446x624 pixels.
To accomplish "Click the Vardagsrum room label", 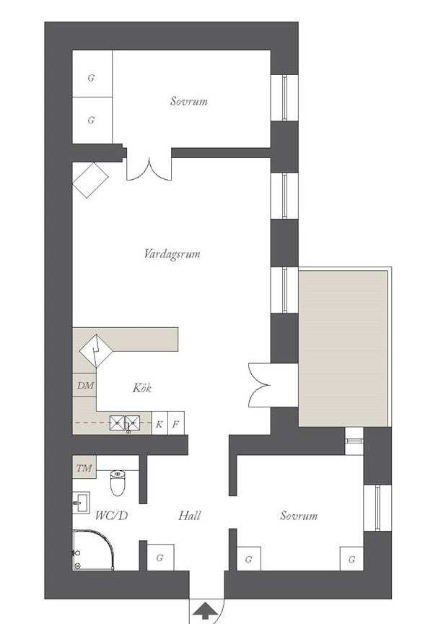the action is point(172,254).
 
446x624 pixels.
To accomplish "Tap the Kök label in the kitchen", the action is point(142,388).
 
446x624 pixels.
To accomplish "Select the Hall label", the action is point(190,516).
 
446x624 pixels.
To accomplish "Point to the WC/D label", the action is point(112,516).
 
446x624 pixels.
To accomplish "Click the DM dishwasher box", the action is point(84,385).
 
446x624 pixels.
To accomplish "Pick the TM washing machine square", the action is point(84,467).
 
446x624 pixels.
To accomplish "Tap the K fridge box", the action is point(159,423).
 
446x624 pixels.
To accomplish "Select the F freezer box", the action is point(175,423).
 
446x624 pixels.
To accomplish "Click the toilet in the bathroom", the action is point(118,482).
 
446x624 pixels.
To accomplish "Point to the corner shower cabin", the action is point(92,550).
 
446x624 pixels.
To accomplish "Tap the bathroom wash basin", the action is point(81,503).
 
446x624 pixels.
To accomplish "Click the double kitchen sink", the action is point(125,423).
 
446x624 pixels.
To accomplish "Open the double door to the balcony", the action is point(260,385).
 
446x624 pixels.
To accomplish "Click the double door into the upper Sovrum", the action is point(149,169).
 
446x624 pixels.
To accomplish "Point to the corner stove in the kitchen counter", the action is point(96,351).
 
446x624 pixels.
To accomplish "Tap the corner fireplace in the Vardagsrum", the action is point(90,180).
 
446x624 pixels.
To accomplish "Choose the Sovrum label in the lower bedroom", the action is point(299,516).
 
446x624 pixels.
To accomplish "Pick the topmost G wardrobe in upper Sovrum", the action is point(92,73).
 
